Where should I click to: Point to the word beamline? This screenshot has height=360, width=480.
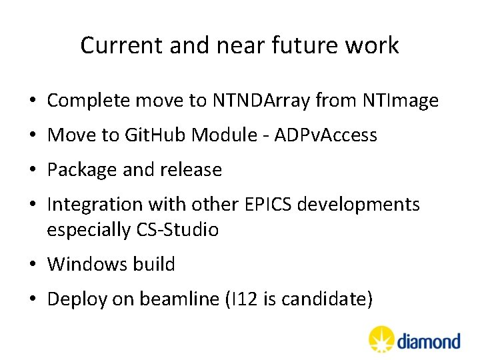coord(179,299)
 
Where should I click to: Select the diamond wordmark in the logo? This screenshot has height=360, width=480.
coord(429,342)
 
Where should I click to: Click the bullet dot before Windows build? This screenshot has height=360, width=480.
coord(33,265)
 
